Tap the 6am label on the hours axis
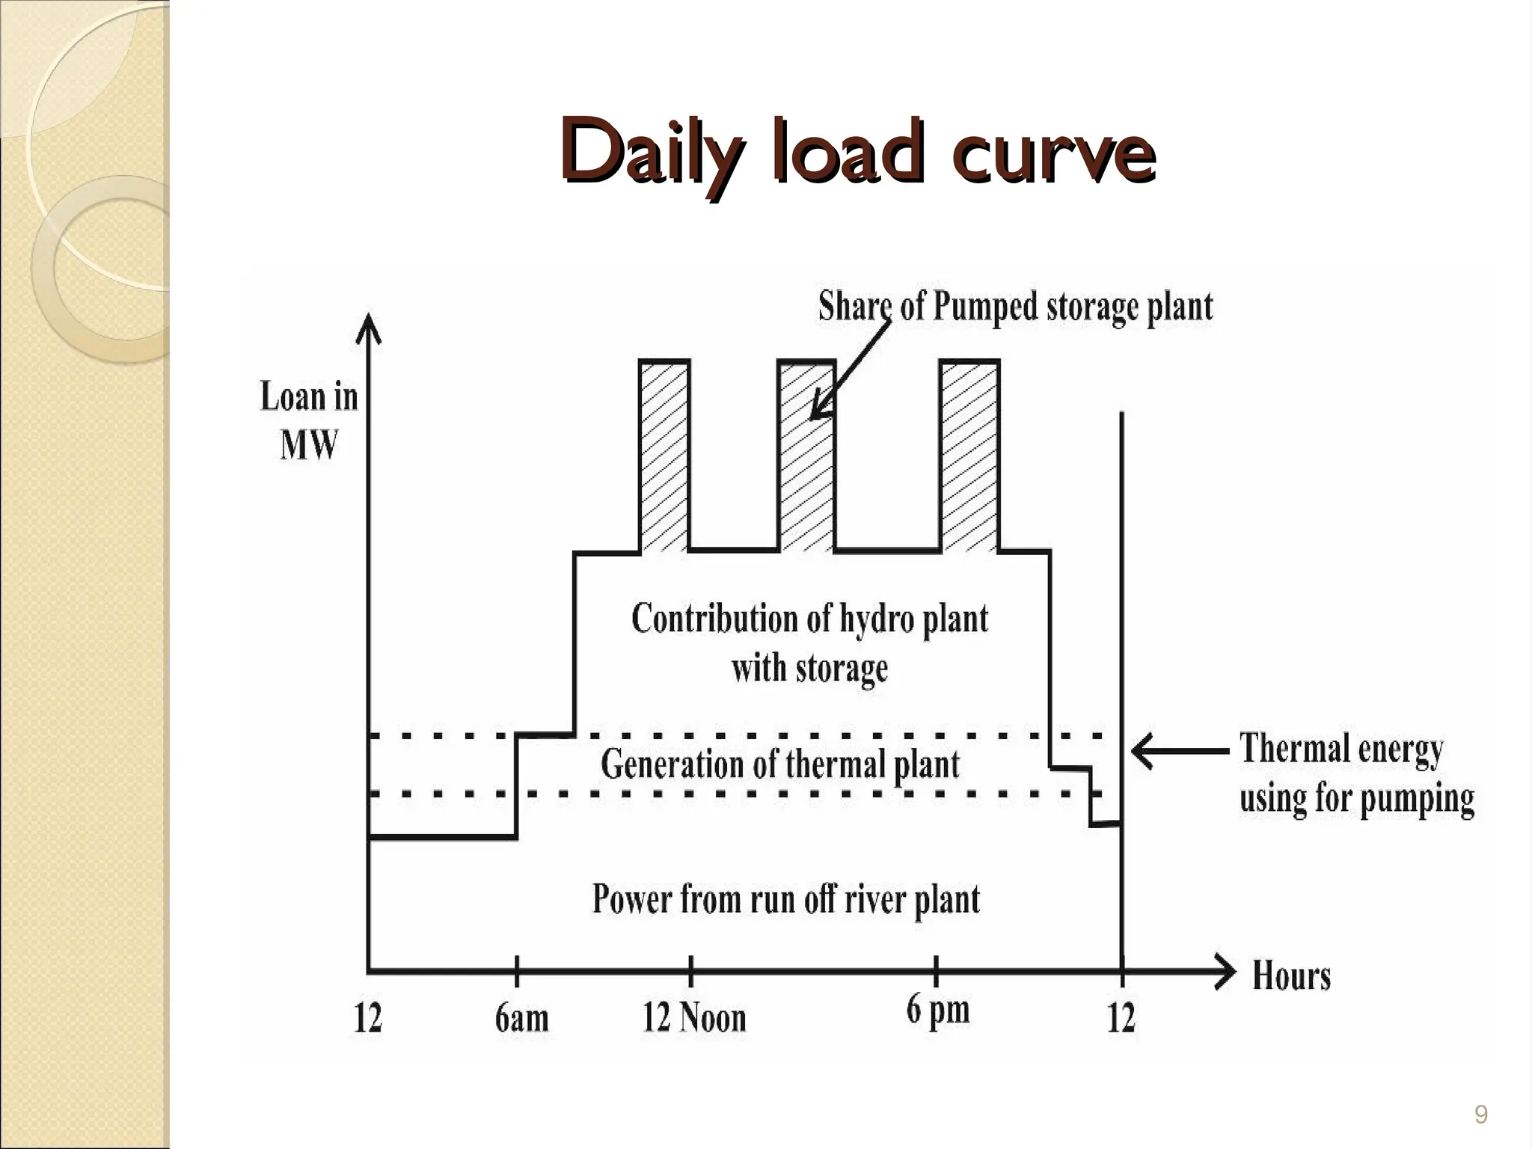click(521, 1018)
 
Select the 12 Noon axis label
click(694, 1018)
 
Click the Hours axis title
click(1291, 976)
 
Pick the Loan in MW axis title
click(308, 420)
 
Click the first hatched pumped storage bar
click(664, 456)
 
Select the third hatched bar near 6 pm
click(969, 456)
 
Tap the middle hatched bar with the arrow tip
click(806, 456)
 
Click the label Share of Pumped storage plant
click(1015, 307)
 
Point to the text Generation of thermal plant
click(779, 765)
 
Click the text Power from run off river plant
click(785, 899)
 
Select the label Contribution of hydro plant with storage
click(809, 642)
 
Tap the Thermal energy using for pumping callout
click(1355, 772)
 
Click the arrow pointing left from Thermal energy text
click(1178, 750)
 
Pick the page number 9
click(1480, 1115)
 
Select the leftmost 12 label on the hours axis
click(367, 1018)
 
